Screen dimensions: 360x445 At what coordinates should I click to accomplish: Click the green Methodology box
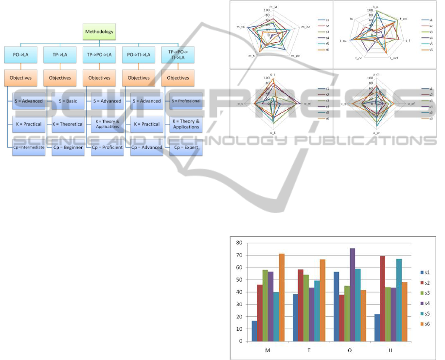click(100, 33)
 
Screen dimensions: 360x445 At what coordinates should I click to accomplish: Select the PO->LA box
click(20, 55)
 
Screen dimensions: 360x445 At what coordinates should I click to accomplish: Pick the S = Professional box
click(186, 101)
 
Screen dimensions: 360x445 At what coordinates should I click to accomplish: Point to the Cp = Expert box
click(186, 147)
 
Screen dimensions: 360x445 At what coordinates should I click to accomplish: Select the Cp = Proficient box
click(107, 147)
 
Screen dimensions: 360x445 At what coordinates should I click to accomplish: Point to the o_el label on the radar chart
click(307, 103)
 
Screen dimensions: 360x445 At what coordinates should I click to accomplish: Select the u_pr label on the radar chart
click(376, 133)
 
